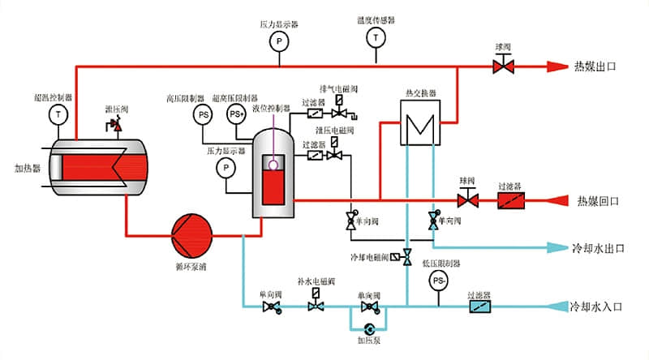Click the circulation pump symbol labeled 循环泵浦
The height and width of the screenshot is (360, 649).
coord(191,234)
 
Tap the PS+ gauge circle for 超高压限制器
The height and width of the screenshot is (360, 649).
coord(236,114)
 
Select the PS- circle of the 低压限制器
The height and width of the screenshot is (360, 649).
coord(438,281)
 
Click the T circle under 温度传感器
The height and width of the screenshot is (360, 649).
coord(376,37)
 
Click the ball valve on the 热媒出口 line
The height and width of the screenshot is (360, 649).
coord(503,66)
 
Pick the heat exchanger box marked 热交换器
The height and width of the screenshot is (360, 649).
coord(420,123)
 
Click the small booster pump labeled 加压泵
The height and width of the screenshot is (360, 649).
coord(370,328)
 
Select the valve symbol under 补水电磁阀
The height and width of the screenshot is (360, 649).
coord(316,306)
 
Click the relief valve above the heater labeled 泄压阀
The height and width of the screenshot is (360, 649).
coord(114,125)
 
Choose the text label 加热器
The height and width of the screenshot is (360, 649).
coord(27,169)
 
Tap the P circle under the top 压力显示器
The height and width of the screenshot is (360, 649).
coord(277,40)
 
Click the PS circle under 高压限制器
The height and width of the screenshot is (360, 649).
coord(203,114)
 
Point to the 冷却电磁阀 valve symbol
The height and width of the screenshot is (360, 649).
coord(407,256)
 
